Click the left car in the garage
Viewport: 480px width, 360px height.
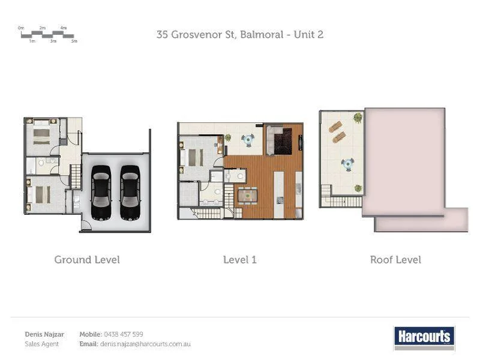click(101, 192)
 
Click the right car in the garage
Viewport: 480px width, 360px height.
click(130, 192)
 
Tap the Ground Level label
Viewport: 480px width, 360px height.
click(87, 260)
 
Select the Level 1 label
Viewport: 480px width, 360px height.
click(240, 260)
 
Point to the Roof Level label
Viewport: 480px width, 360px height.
click(395, 260)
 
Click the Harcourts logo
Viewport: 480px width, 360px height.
click(424, 337)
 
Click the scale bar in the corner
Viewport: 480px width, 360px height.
click(48, 35)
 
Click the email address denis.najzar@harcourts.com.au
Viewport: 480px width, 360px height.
click(145, 344)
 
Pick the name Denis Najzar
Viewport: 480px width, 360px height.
click(44, 334)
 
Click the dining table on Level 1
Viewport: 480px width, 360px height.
click(247, 196)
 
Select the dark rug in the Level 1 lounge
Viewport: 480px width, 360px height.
click(283, 142)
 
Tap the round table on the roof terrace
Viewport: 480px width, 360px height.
click(348, 164)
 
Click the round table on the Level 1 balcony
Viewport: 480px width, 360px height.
click(248, 140)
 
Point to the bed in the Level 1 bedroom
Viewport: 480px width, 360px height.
click(195, 157)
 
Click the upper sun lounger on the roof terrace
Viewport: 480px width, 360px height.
click(335, 127)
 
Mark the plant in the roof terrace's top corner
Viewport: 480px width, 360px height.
click(358, 117)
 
